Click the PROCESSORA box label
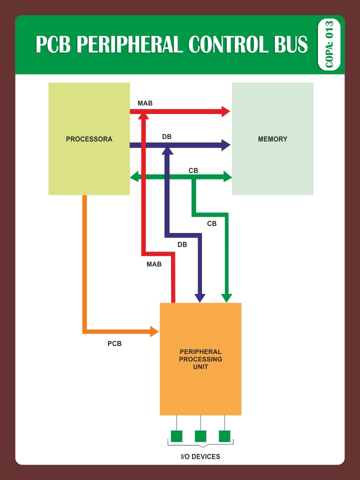point(89,139)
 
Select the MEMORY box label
point(272,139)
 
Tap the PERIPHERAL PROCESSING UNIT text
point(200,359)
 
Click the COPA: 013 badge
point(329,45)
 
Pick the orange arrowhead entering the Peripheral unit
point(154,331)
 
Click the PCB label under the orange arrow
point(114,343)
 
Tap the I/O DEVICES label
point(200,456)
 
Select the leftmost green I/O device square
point(176,436)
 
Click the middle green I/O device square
point(200,436)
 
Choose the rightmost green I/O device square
point(224,436)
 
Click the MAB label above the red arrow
point(145,103)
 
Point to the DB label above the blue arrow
point(167,136)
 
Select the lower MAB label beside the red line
point(154,264)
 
